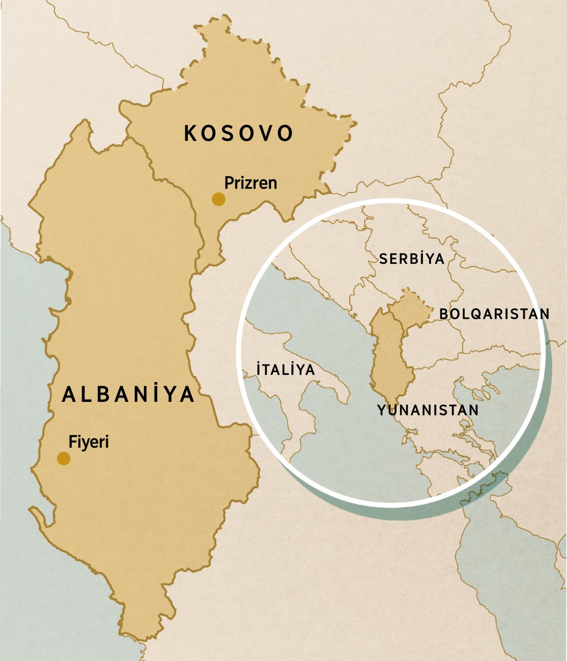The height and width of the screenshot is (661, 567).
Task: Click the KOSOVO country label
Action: point(239,133)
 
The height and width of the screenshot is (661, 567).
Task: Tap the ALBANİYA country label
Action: point(129,394)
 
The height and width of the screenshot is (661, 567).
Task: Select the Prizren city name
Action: point(250,183)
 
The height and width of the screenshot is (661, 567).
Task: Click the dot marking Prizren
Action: point(218,199)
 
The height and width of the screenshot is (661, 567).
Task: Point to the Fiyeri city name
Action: point(89,442)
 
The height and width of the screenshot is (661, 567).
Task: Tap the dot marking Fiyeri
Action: point(64,458)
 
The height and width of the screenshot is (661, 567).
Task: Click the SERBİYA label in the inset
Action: point(412,259)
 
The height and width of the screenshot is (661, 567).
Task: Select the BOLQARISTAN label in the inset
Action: point(494,314)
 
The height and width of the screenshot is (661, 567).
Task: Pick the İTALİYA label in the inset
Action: point(285,369)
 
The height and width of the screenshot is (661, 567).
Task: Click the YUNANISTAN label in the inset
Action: point(428,410)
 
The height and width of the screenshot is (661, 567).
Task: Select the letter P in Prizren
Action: point(229,183)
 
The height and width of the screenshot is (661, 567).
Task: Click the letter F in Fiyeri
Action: point(72,442)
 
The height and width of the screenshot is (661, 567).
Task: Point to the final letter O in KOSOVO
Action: point(285,133)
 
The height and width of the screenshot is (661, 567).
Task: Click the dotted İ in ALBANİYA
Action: point(154,393)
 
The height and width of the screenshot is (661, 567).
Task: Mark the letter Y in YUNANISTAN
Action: point(382,410)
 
